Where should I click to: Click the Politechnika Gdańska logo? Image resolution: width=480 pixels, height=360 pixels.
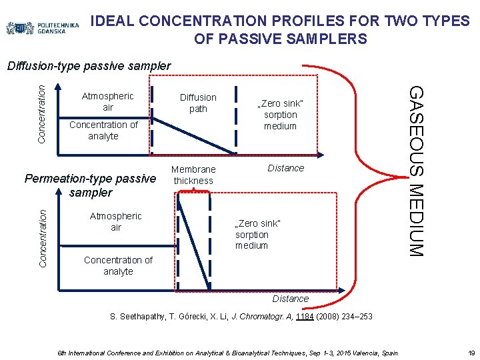coord(43,28)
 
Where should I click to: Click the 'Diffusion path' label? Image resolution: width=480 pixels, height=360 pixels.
coord(198,103)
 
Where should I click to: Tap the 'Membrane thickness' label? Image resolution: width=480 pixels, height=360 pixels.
coord(193,175)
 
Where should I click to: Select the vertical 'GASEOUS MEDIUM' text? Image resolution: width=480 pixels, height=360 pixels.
coord(415,170)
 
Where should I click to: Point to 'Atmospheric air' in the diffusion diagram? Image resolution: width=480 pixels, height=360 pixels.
coord(108,101)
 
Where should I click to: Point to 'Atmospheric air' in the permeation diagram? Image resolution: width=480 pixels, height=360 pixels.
coord(116,221)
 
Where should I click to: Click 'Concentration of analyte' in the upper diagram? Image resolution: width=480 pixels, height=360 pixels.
coord(103,130)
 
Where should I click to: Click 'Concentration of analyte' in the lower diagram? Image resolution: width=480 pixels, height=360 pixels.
coord(118,265)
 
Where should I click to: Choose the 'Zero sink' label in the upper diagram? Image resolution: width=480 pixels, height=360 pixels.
coord(280,115)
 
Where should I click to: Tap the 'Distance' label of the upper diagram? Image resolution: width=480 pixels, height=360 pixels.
coord(285,168)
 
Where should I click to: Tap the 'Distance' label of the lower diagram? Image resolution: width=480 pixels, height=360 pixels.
coord(290,299)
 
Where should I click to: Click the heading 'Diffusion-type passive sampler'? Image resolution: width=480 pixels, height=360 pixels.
coord(89,66)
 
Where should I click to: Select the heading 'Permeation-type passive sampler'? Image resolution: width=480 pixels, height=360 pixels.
coord(90,185)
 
